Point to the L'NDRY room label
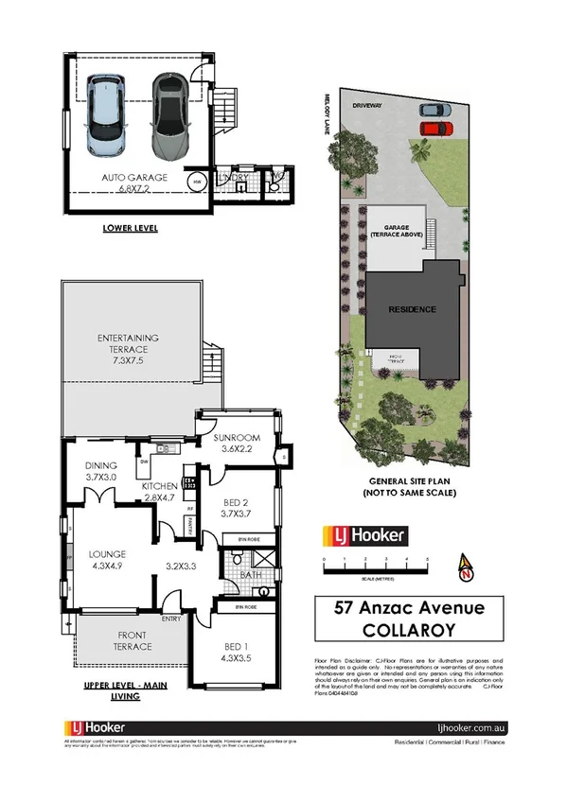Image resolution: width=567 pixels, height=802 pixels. coord(231,176)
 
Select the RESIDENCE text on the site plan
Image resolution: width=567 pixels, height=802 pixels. coord(412,310)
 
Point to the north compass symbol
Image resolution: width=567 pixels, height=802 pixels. coord(465,567)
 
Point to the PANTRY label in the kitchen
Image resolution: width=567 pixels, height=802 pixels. coord(190,516)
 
